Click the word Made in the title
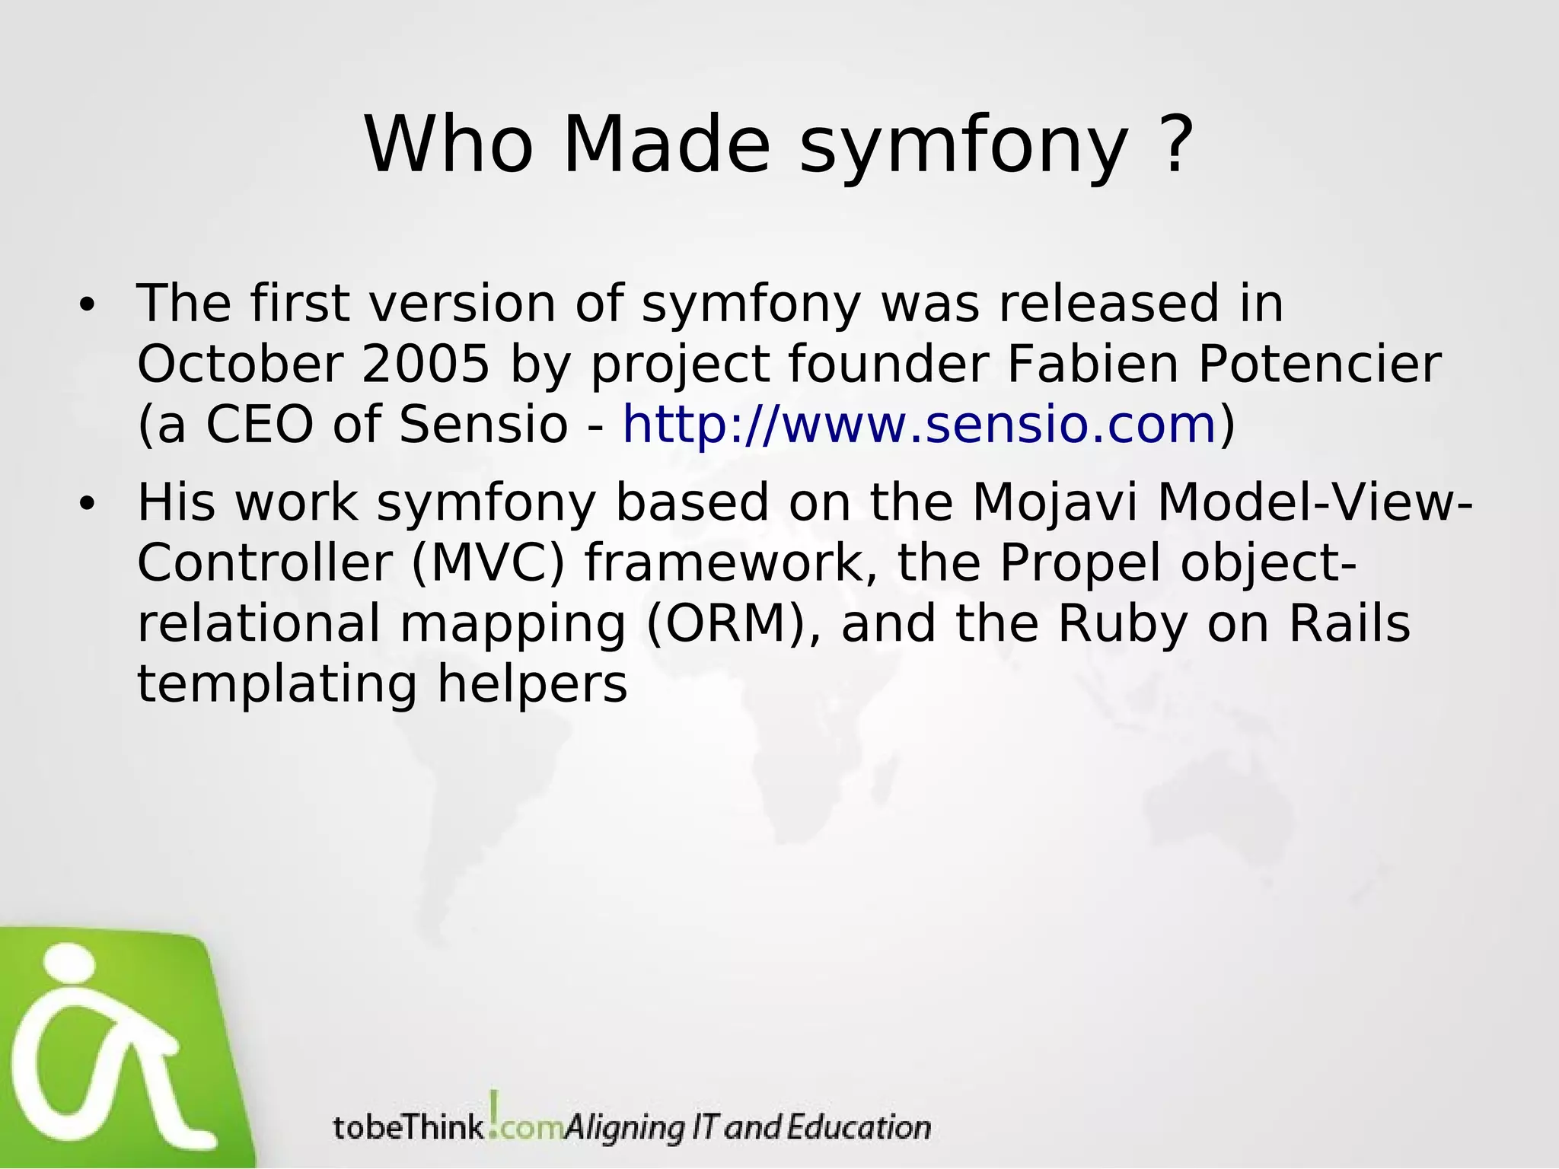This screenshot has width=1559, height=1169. pos(666,145)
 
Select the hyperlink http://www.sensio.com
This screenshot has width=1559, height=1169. pos(919,424)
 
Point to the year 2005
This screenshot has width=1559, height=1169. pos(425,364)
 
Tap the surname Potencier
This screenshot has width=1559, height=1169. pos(1319,364)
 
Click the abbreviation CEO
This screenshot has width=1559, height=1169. pos(259,424)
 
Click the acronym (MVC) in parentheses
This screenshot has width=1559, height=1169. pos(488,563)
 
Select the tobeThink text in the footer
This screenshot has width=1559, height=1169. pos(409,1127)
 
